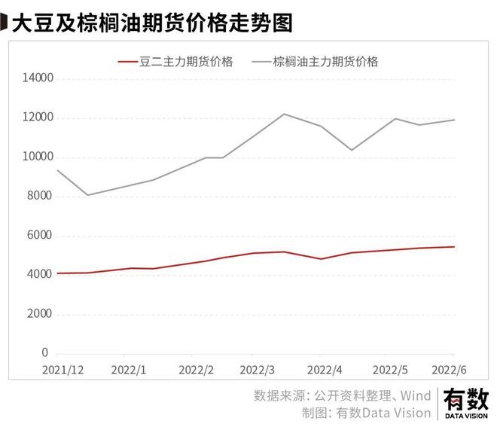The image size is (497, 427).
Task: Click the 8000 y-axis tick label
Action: pos(35,197)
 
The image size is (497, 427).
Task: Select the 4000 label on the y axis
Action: pos(35,275)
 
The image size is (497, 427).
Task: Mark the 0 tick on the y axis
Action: pos(44,353)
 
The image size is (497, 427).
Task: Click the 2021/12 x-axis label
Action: pos(65,371)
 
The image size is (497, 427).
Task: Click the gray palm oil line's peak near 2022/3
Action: pos(285,114)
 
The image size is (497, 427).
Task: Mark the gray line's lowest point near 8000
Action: pos(87,195)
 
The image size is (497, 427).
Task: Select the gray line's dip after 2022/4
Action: pos(351,150)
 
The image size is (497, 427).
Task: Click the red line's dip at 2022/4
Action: pos(322,259)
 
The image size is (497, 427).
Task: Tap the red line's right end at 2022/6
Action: pos(454,246)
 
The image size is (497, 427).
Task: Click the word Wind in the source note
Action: pos(415,395)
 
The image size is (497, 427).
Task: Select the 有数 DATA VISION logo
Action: pos(466,402)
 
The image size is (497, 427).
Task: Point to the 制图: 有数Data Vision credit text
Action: pos(366,412)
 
